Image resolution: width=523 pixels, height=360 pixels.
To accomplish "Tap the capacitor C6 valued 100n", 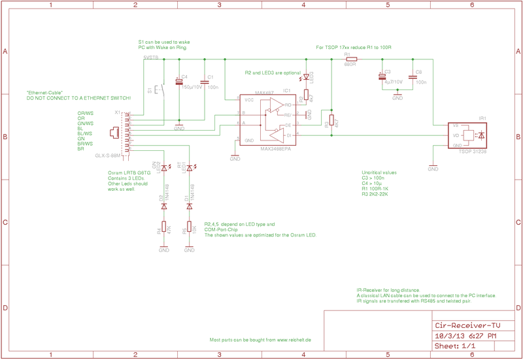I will [413, 77].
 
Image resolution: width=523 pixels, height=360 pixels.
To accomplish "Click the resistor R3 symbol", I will [331, 120].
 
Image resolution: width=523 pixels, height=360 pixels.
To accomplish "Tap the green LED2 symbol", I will [163, 169].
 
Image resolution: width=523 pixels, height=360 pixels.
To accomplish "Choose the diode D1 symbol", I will [190, 206].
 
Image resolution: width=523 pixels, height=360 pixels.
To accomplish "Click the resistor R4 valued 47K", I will [163, 228].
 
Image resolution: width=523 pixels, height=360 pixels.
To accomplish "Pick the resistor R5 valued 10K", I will [190, 228].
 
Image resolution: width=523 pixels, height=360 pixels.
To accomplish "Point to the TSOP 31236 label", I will [473, 152].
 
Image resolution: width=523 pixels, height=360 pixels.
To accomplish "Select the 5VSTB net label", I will [150, 57].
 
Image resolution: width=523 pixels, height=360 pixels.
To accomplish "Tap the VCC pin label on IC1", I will [249, 101].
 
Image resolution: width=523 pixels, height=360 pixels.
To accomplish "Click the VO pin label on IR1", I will [455, 136].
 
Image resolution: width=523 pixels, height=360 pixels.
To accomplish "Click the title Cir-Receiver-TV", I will [467, 325].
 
